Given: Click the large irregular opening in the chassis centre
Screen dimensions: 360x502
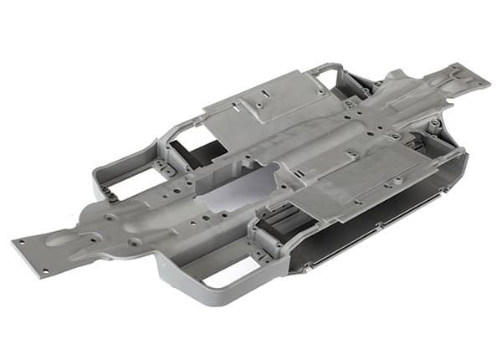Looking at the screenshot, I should [243, 186].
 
